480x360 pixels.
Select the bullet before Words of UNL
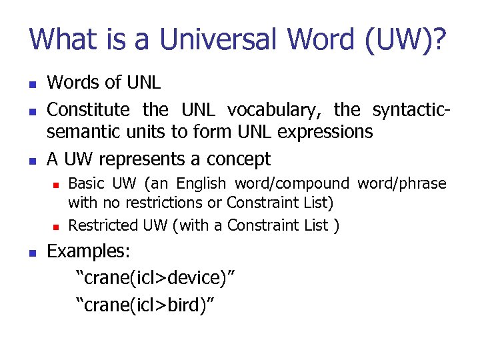point(31,83)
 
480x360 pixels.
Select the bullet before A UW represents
point(31,160)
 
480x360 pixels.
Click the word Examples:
point(89,252)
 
